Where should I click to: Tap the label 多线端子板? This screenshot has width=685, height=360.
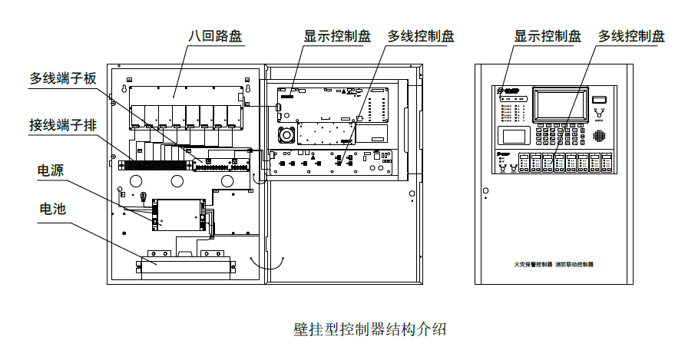pos(63,78)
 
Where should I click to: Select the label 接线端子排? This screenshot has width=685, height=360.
pos(63,124)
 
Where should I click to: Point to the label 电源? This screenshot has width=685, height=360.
pos(51,170)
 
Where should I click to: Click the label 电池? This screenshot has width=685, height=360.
pos(51,209)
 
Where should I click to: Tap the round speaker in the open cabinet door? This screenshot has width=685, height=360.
pos(287,134)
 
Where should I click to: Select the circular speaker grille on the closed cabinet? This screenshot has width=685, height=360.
pos(600,136)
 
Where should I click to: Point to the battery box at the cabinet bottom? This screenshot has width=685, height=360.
pos(184,261)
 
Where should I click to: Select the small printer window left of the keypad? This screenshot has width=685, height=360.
pos(513,136)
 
